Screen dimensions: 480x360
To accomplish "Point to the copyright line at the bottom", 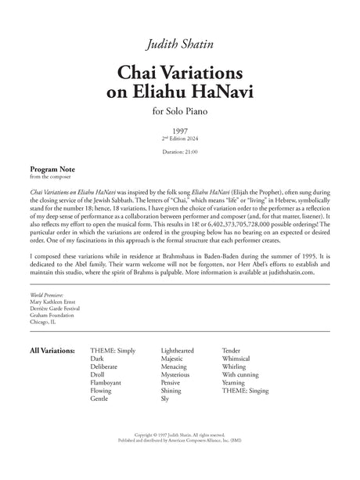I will (x=180, y=454).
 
